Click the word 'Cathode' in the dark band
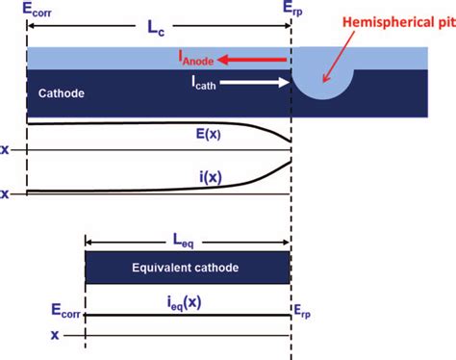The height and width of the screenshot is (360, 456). pyautogui.click(x=63, y=93)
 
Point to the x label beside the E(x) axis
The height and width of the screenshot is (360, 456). pyautogui.click(x=8, y=150)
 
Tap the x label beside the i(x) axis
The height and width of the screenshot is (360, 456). pyautogui.click(x=8, y=193)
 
